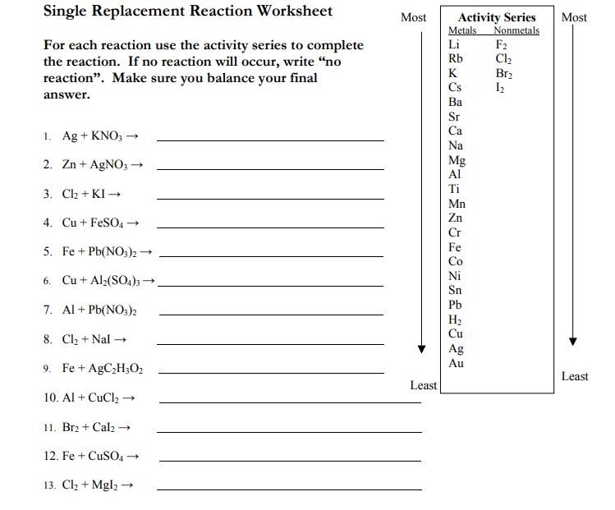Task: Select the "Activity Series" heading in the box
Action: click(496, 17)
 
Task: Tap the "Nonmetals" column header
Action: click(516, 30)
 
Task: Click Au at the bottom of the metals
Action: click(456, 363)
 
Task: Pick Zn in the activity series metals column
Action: click(456, 218)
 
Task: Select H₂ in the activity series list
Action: click(456, 319)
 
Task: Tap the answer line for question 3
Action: click(270, 199)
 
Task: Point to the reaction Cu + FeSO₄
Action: click(95, 223)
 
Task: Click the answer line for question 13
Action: click(289, 489)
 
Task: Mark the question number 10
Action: click(50, 398)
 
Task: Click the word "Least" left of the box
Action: click(424, 385)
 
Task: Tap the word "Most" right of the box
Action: click(574, 17)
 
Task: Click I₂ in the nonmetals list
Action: click(501, 88)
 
